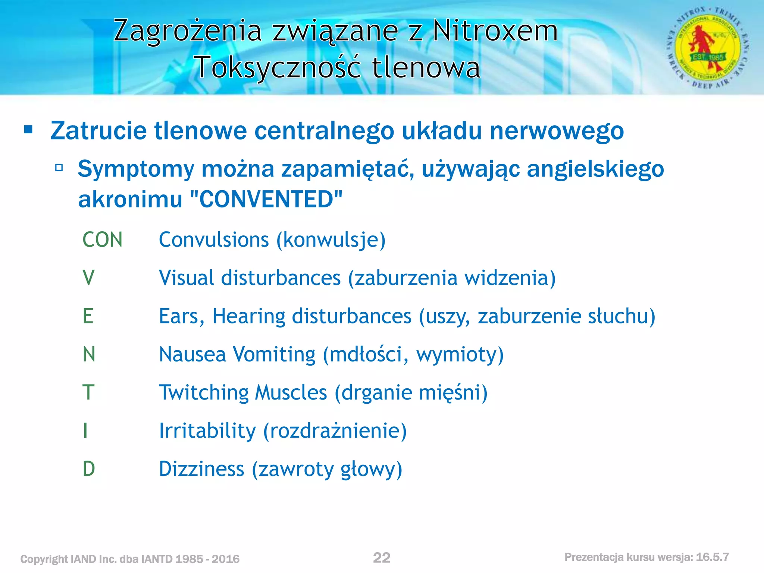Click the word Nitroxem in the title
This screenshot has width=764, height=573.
[495, 31]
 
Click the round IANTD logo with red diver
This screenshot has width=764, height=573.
[708, 48]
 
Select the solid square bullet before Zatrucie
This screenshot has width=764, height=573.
[28, 130]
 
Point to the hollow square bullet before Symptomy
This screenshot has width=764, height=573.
[59, 167]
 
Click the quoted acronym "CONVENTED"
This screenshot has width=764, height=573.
[266, 199]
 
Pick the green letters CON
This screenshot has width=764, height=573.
[102, 239]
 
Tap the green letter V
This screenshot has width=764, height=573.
[88, 278]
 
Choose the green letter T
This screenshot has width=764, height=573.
[88, 392]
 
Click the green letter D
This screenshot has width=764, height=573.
[89, 469]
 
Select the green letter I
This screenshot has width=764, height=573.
[85, 430]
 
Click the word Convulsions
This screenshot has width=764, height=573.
[214, 239]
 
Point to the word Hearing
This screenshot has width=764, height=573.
[249, 316]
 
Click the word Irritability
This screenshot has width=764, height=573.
[207, 430]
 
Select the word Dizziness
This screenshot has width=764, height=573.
[201, 469]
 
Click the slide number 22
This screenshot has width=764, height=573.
[382, 558]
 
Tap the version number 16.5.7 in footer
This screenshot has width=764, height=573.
[712, 557]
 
